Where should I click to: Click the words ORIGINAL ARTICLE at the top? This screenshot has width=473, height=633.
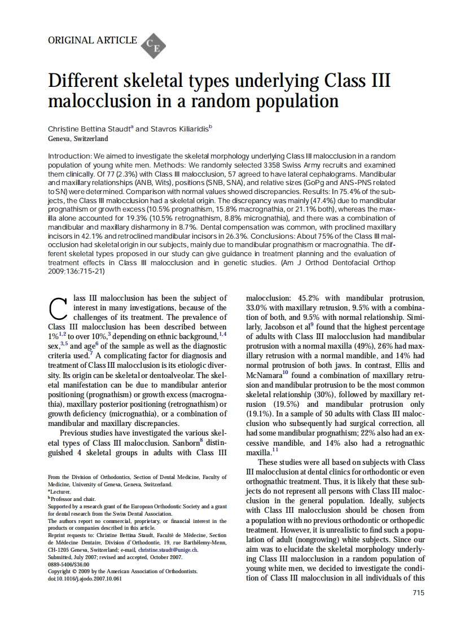point(93,40)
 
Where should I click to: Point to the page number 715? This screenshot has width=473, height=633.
point(418,592)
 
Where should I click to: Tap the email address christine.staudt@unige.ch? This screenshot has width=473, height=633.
point(169,550)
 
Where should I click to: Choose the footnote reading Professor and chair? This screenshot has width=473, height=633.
point(73,499)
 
